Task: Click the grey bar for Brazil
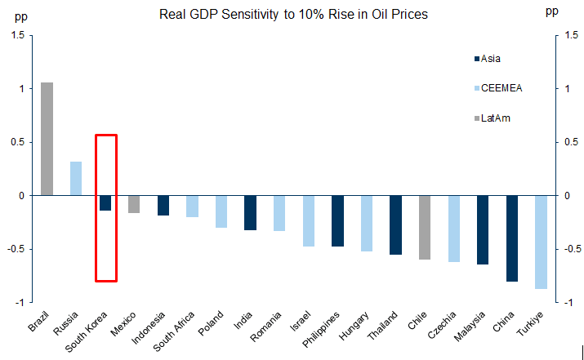(47, 139)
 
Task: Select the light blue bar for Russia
(76, 179)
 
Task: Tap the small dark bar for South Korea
(105, 203)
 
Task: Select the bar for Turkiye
(541, 242)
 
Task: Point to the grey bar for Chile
(425, 228)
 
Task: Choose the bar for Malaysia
(483, 230)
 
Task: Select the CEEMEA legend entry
(497, 88)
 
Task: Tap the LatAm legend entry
(494, 118)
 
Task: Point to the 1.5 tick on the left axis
(17, 35)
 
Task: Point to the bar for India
(250, 213)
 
